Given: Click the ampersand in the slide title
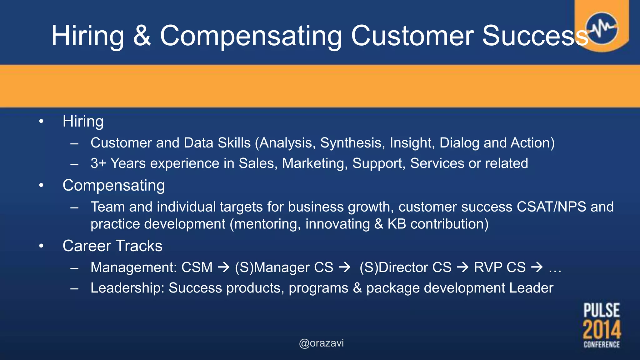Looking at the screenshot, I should tap(142, 36).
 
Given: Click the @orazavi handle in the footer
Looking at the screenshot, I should tap(321, 343).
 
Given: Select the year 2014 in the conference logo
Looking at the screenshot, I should tap(602, 329).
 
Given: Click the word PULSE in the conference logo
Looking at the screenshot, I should tap(602, 310).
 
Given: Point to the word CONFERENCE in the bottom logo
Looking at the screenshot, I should tap(602, 345).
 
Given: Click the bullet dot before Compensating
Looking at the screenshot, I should tap(41, 186).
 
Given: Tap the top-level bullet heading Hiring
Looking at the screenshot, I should tap(83, 122).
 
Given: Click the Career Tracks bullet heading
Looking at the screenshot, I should tap(112, 246).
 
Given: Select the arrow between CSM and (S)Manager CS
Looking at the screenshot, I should tap(224, 267).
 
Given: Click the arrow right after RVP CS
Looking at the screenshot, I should tap(537, 267).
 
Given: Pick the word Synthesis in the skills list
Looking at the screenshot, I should tap(351, 143).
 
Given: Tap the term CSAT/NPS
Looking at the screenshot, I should tap(551, 207).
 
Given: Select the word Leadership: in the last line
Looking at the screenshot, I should tap(127, 288).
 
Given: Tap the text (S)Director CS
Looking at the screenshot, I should tap(405, 267).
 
